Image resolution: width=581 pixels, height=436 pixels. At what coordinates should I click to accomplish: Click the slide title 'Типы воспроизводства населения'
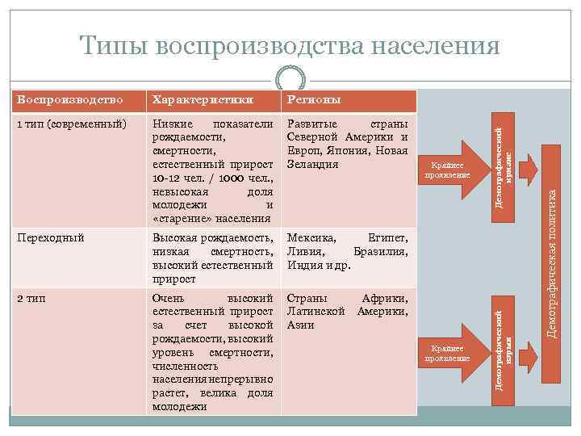coord(290,45)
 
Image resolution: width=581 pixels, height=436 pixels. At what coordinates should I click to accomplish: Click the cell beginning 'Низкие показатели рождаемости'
coord(212,170)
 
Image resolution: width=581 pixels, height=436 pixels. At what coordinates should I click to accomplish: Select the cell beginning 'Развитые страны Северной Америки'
coord(347,144)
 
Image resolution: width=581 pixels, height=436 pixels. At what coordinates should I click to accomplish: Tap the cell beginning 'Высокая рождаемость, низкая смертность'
coord(212,258)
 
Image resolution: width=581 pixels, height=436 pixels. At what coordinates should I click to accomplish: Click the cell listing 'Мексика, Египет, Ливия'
coord(347,251)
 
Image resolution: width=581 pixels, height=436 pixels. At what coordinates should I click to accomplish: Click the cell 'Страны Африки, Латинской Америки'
coord(347,311)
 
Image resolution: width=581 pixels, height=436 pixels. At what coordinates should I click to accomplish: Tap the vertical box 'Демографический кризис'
coord(504,161)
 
